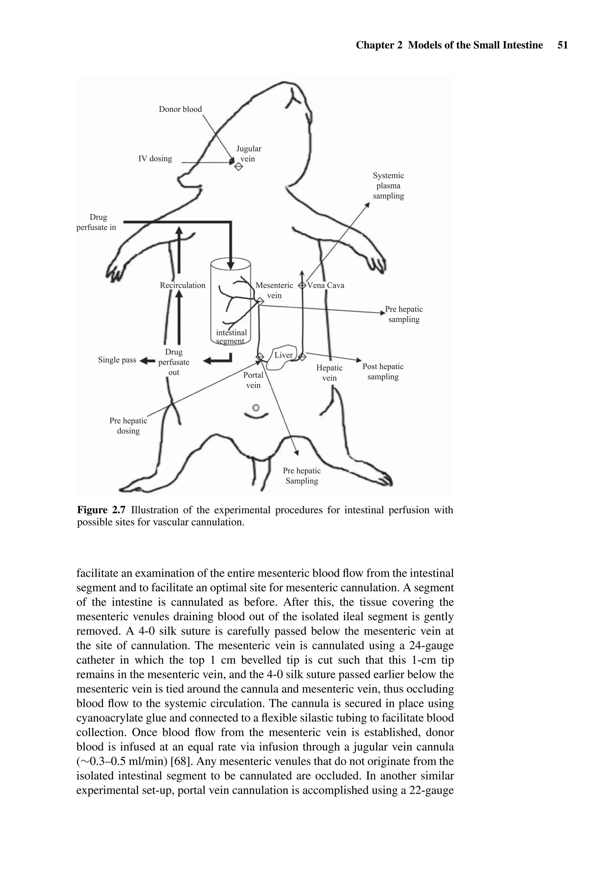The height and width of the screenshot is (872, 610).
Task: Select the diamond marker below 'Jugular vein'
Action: pyautogui.click(x=238, y=167)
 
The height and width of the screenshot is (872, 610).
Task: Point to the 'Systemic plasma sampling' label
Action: pyautogui.click(x=388, y=186)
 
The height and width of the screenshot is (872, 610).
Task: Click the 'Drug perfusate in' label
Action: pyautogui.click(x=97, y=222)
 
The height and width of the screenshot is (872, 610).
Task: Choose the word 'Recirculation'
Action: pyautogui.click(x=182, y=285)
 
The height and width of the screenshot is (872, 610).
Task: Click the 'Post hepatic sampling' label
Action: pyautogui.click(x=382, y=372)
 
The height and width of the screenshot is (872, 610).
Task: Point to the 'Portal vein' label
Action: pyautogui.click(x=253, y=380)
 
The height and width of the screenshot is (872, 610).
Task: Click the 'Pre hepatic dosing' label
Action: pyautogui.click(x=128, y=425)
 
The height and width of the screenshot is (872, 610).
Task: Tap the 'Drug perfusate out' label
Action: pyautogui.click(x=174, y=362)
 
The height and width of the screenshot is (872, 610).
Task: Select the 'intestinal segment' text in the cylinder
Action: pyautogui.click(x=231, y=336)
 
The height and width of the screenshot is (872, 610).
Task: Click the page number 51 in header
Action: pyautogui.click(x=563, y=45)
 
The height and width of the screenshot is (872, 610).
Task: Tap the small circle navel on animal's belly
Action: pyautogui.click(x=256, y=408)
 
